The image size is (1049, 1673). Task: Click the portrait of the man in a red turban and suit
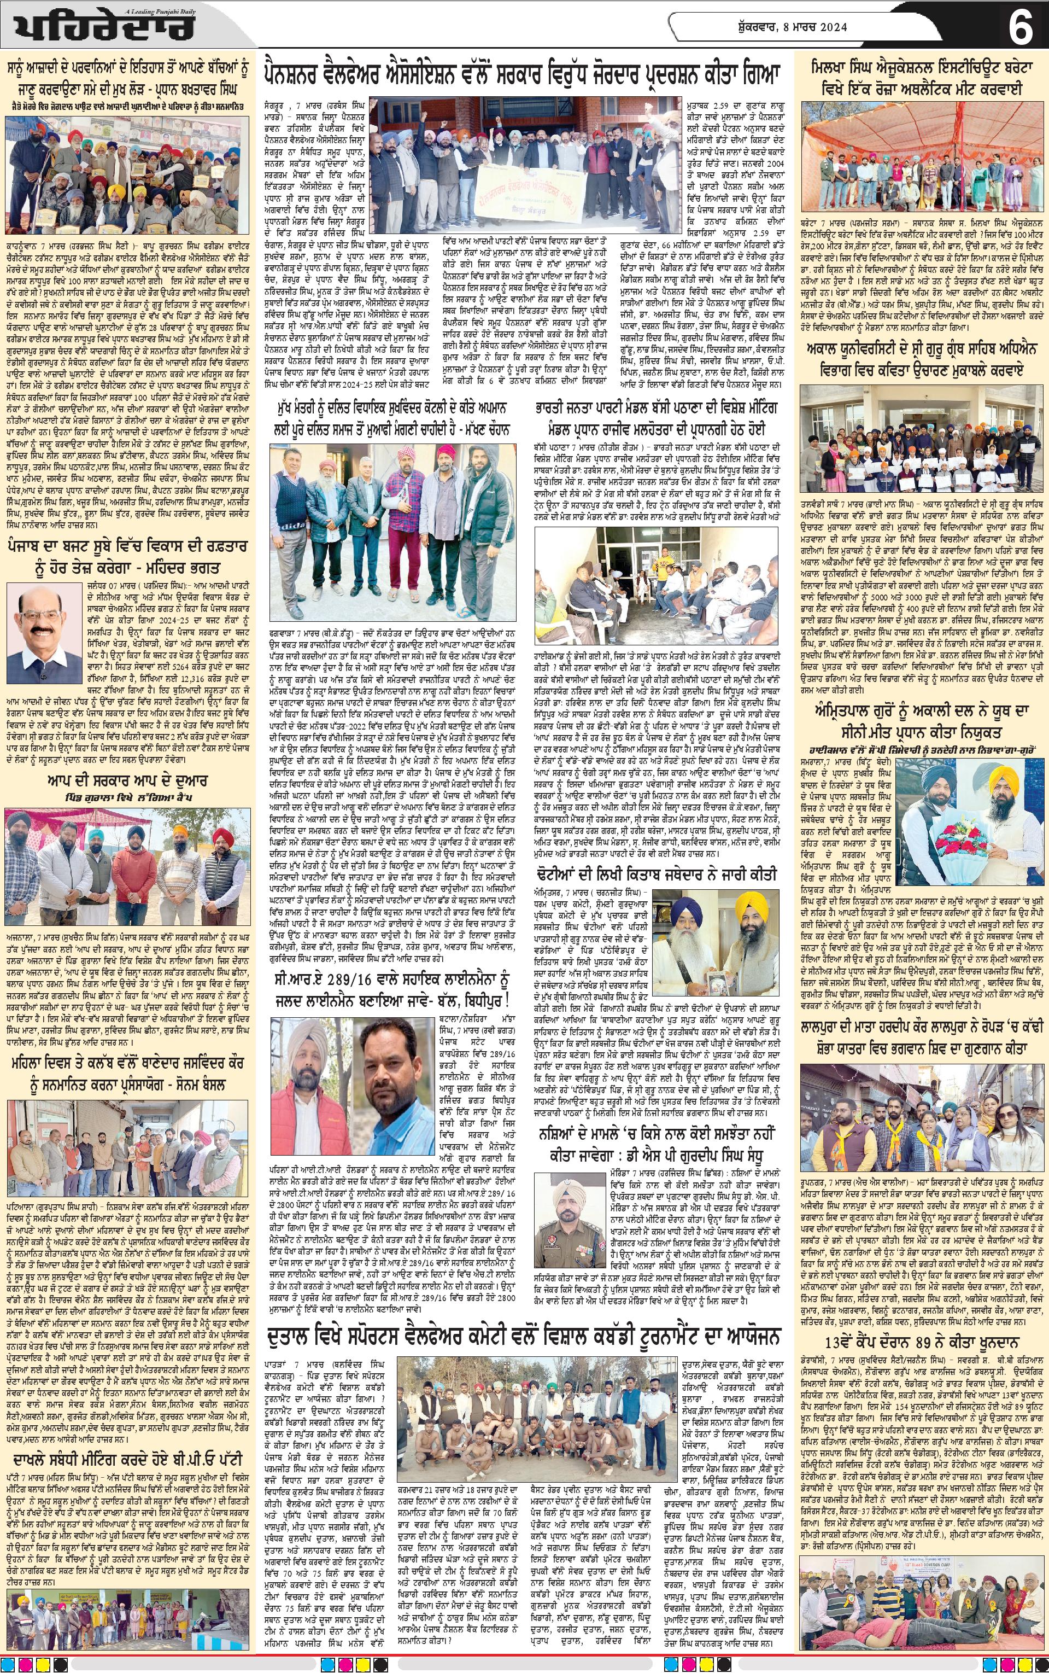pos(43,624)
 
